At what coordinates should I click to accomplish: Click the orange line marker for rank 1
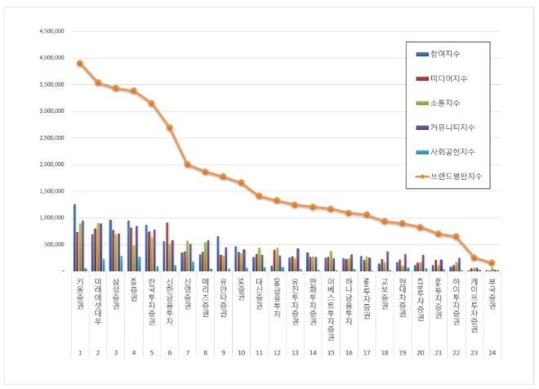point(79,63)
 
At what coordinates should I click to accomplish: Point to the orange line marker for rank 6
point(169,127)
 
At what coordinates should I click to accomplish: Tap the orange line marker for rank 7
point(187,164)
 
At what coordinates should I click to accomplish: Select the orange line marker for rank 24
point(492,262)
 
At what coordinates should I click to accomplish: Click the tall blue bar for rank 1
point(74,237)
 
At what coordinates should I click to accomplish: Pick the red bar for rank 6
point(167,246)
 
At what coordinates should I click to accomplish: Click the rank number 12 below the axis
point(277,353)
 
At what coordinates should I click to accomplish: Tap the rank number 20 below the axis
point(420,353)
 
